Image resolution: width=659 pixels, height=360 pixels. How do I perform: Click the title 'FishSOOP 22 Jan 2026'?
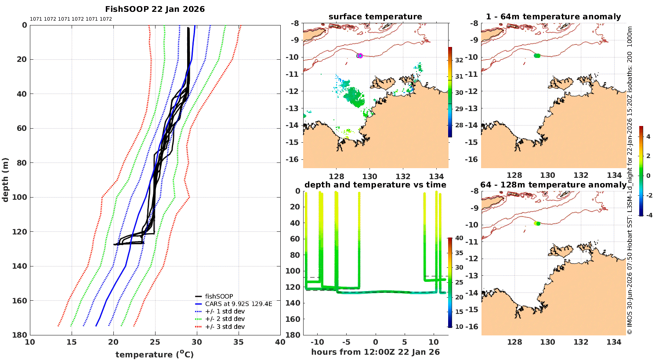[155, 9]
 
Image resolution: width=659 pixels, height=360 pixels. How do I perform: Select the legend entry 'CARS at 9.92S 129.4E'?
[238, 304]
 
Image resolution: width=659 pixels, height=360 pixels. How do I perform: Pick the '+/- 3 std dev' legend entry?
[225, 327]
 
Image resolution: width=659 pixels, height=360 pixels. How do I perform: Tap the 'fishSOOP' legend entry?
[219, 296]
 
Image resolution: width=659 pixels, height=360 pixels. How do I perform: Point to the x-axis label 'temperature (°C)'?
[155, 354]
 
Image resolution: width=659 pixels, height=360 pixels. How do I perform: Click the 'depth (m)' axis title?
[5, 180]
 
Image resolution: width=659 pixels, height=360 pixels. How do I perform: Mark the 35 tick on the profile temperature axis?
[239, 342]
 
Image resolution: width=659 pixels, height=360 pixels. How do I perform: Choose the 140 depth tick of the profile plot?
[19, 266]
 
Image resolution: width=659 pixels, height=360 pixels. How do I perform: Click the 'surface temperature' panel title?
[375, 17]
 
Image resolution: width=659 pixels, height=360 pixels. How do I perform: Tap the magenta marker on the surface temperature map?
[360, 56]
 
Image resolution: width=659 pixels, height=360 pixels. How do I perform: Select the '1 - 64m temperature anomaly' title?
[554, 17]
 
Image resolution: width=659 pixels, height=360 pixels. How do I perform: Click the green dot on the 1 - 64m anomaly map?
[537, 56]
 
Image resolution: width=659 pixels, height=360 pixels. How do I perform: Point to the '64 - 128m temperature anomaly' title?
[554, 185]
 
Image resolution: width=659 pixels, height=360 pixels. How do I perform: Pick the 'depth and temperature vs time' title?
[375, 185]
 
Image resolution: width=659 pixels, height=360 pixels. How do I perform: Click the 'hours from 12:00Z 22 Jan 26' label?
[375, 352]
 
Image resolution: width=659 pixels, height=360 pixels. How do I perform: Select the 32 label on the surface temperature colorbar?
[459, 60]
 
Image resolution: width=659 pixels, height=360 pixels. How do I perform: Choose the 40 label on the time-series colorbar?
[459, 238]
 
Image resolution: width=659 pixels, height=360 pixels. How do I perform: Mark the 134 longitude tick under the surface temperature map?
[436, 176]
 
